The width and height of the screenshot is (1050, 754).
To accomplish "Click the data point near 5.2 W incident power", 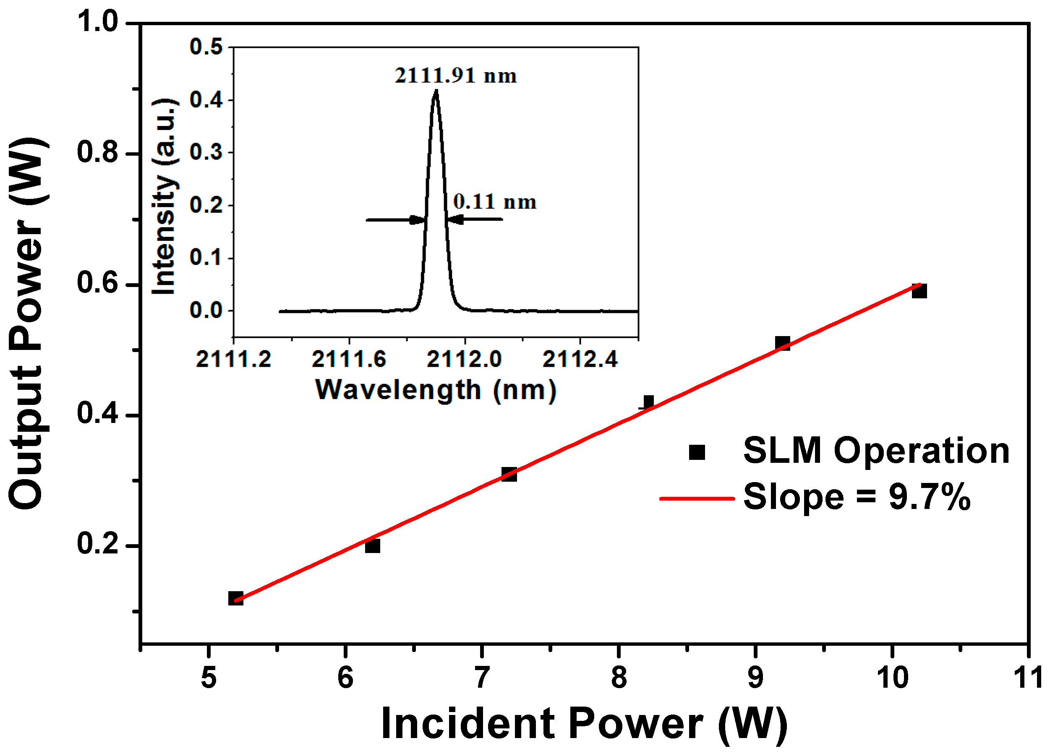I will tap(236, 598).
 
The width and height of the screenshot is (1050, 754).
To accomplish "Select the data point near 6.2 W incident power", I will tap(373, 546).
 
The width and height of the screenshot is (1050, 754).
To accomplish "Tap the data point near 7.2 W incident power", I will tap(509, 474).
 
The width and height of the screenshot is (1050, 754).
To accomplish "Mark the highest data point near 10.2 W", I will tap(919, 291).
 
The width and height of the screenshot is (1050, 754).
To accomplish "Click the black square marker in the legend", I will tap(697, 452).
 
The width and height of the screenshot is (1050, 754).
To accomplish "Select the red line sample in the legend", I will tap(697, 498).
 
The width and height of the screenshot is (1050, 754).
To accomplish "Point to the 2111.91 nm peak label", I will tap(456, 76).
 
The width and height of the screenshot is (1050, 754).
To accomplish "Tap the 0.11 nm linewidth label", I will tap(494, 202).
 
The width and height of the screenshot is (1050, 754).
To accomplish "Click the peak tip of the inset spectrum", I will tap(436, 91).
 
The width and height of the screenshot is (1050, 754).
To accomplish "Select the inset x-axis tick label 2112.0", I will tap(464, 359).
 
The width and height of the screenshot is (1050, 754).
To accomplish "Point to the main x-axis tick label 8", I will tap(619, 678).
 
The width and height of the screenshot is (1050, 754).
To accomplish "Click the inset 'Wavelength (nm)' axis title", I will tap(436, 390).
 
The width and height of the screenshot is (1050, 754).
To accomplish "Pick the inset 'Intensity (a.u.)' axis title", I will tap(165, 197).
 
